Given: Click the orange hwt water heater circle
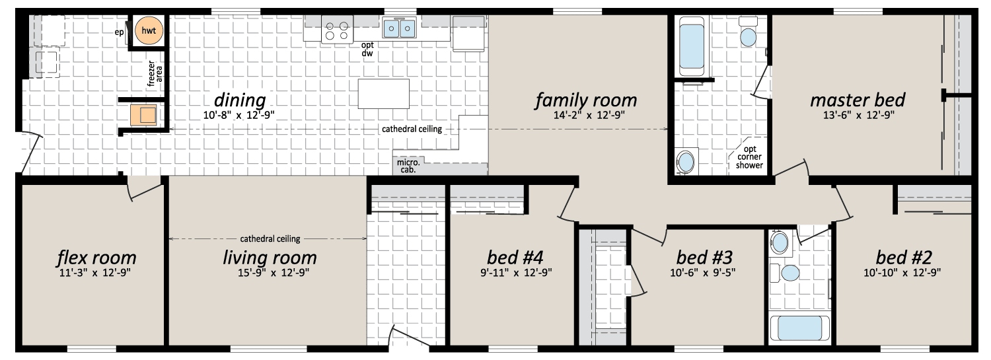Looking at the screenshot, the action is coord(149,30).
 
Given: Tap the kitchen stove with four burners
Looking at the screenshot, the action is coord(337,30).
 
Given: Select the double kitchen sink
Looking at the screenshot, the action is coord(399,28).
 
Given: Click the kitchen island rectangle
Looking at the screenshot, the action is coord(384,93).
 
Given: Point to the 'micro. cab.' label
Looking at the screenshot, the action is coord(408,166).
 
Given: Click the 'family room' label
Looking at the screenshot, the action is coord(586,100).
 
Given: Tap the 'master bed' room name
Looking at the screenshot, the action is coord(858,100).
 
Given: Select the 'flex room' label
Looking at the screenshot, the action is coord(96,258).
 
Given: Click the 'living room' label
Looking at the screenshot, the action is coord(270,258).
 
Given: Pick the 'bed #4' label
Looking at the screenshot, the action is coord(515,257).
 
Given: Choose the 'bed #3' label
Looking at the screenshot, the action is coord(704,257).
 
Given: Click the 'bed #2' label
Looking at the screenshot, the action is coord(904,257).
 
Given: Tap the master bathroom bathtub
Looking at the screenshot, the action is coord(692,46).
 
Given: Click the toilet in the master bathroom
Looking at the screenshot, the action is coord(748,32).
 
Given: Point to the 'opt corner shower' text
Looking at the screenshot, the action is coord(749,157).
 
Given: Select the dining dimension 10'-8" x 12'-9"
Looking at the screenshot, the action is coord(239,116).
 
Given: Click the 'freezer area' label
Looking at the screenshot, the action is coord(155,73).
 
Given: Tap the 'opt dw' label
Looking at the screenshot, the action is coord(367,49).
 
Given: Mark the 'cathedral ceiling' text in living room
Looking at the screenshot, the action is coord(270,239).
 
